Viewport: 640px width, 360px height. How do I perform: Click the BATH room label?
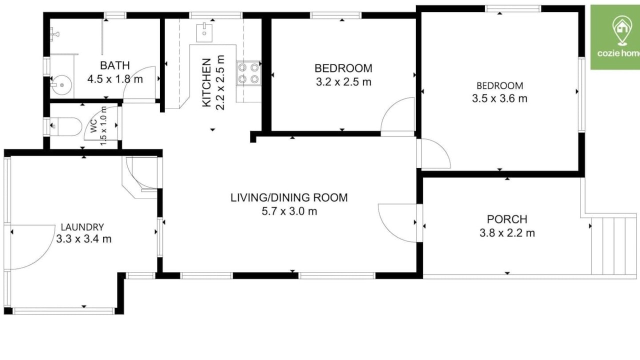tap(115, 65)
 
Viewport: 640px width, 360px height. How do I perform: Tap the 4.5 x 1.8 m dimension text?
tap(115, 79)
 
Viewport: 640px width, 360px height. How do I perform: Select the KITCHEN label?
tap(206, 83)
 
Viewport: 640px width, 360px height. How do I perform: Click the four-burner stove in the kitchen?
tap(248, 73)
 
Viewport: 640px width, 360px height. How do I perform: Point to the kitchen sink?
tap(204, 33)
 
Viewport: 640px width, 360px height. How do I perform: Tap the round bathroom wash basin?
tap(61, 85)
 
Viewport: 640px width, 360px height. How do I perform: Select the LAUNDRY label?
tap(82, 227)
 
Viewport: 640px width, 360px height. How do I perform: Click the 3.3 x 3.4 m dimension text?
tap(83, 239)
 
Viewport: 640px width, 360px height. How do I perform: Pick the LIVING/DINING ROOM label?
tap(289, 197)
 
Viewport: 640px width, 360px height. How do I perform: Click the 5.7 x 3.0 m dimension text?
tap(289, 211)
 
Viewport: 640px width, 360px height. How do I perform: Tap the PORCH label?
tap(507, 219)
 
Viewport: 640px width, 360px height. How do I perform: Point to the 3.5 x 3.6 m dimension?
tap(499, 98)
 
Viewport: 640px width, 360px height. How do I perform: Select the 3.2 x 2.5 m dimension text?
tap(343, 82)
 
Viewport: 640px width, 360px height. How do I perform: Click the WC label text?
tap(93, 125)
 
